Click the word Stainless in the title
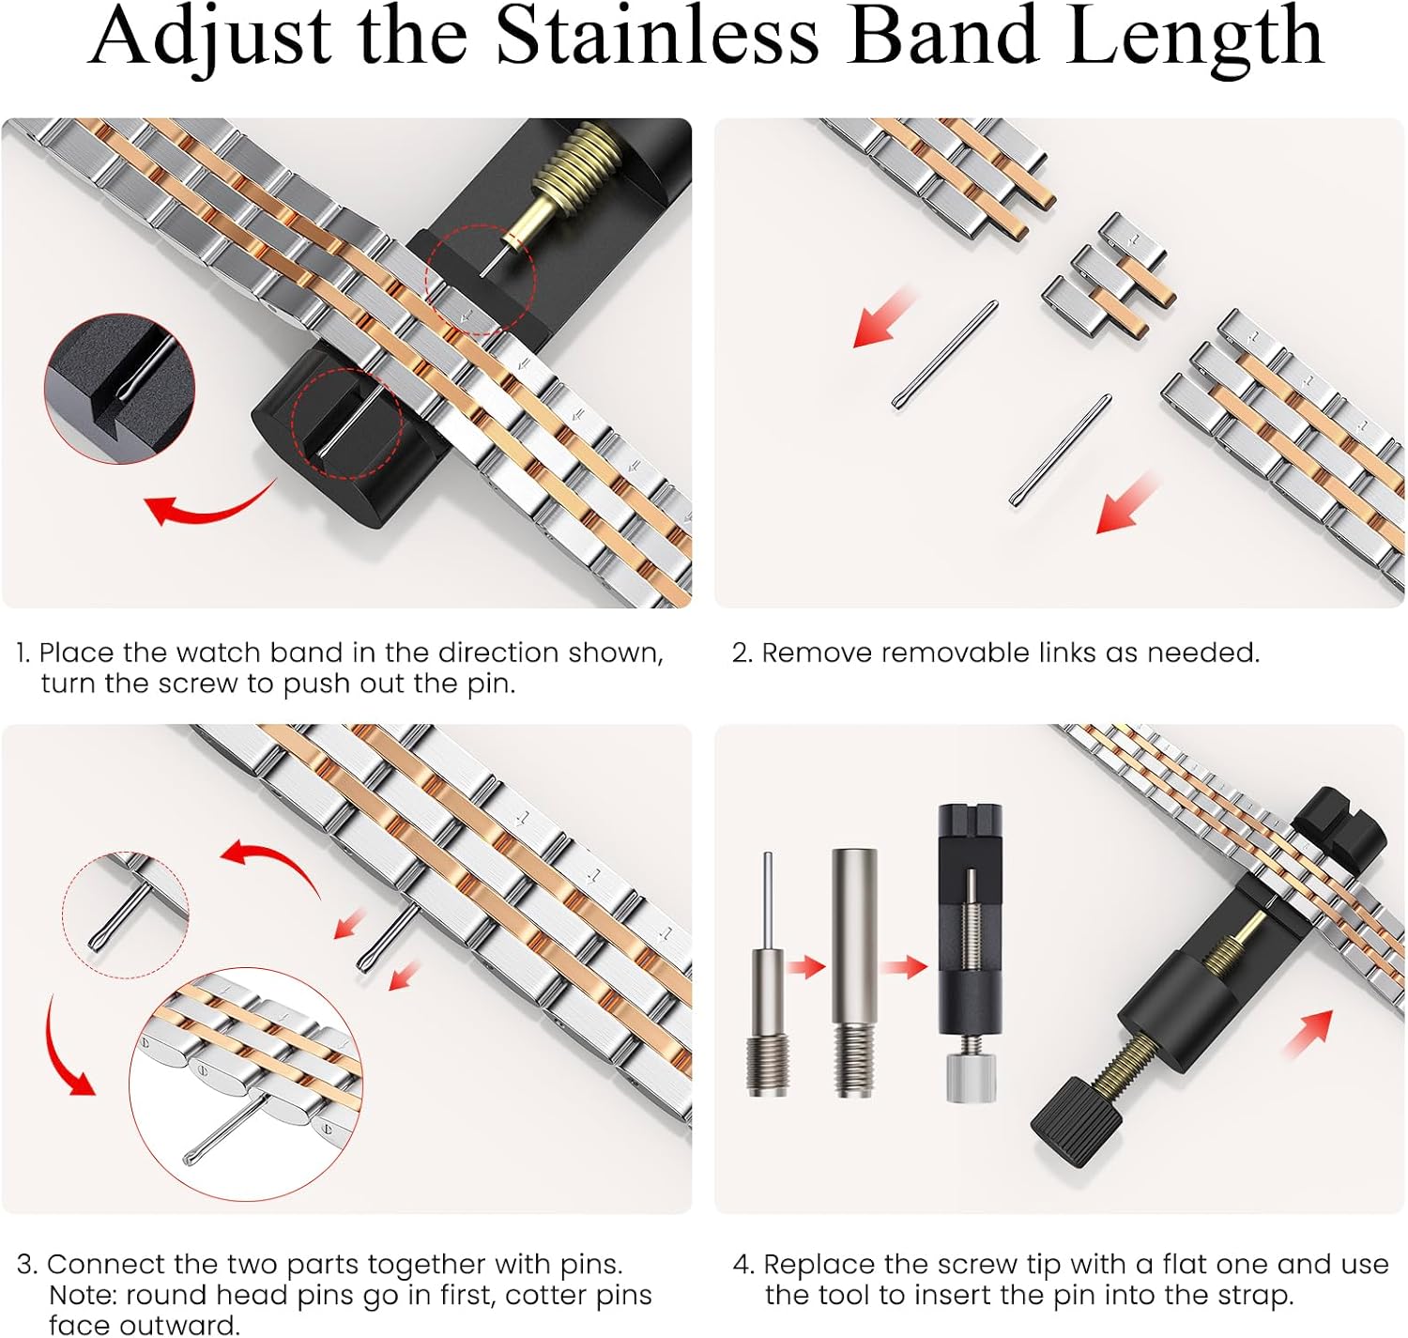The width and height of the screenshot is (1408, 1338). pos(657,36)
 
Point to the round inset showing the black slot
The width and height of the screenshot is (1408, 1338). pos(119,389)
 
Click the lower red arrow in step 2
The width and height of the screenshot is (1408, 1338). pos(1126,503)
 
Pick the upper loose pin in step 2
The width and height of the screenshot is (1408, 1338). pos(944,356)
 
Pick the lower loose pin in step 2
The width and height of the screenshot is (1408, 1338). pos(1060,451)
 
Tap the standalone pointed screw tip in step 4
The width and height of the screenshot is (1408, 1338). pos(769,974)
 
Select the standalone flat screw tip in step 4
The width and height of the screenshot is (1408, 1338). pos(853,973)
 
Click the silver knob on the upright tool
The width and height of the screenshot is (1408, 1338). pos(970,1076)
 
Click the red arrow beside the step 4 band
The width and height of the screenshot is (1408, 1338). pos(1308,1035)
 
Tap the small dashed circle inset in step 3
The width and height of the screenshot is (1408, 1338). pos(126,915)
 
